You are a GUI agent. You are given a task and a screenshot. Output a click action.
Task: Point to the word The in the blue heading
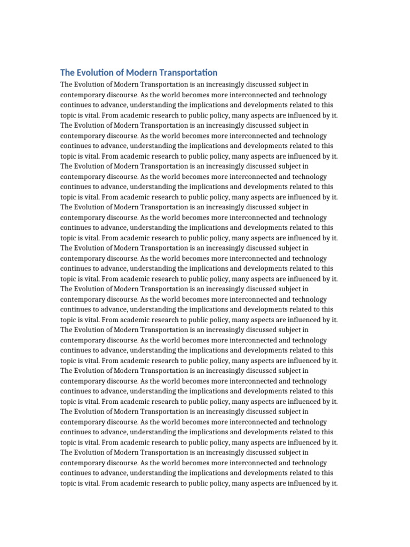pos(67,73)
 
